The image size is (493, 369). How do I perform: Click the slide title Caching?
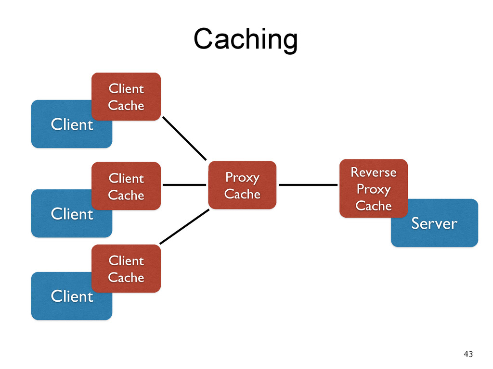tap(246, 39)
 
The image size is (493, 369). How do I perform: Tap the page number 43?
tap(468, 354)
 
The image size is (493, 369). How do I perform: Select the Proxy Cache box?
tap(243, 185)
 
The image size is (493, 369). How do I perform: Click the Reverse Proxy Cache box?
tap(374, 188)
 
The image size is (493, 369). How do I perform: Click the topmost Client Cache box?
tap(126, 97)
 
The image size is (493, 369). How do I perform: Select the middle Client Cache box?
tap(126, 186)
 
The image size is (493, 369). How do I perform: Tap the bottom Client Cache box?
tap(126, 269)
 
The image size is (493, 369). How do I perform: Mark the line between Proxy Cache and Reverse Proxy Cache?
tap(308, 185)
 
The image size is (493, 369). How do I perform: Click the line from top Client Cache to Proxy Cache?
tap(184, 138)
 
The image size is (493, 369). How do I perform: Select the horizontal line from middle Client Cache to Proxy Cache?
tap(184, 185)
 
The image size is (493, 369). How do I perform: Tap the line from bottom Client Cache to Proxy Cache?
tap(184, 227)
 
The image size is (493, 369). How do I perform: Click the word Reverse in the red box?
tap(374, 172)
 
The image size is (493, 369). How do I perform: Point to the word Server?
tap(434, 223)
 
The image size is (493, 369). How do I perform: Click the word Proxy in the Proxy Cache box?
tap(242, 178)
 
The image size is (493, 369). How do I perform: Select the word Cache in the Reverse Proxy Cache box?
tap(374, 206)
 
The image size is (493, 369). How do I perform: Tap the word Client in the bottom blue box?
tap(72, 296)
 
